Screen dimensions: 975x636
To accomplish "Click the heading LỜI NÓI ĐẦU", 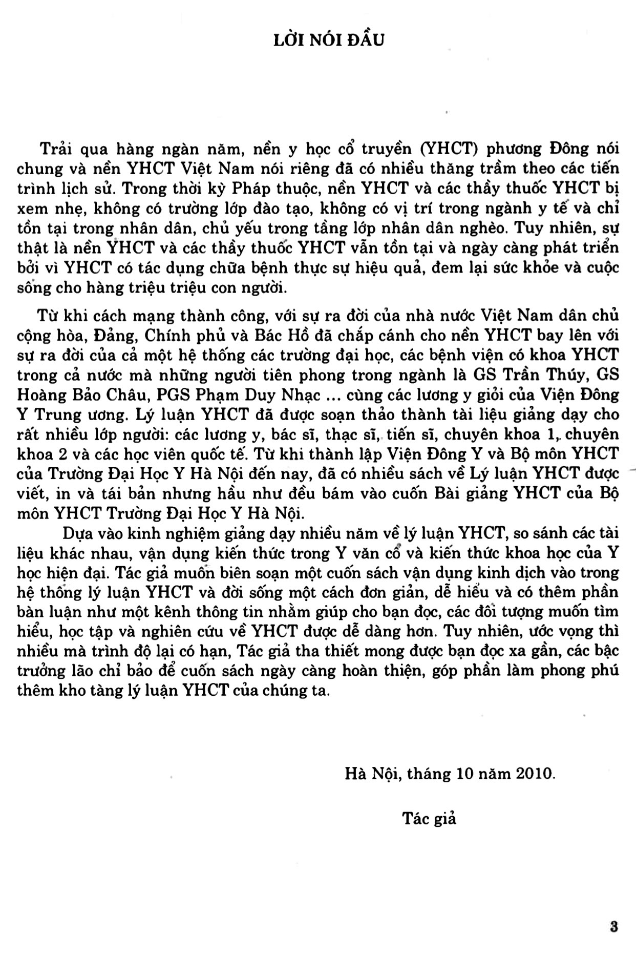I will coord(328,39).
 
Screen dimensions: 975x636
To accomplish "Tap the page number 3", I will coord(614,927).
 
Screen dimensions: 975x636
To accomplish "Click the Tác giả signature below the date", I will coord(429,818).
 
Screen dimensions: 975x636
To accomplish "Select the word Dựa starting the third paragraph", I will coord(77,533).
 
